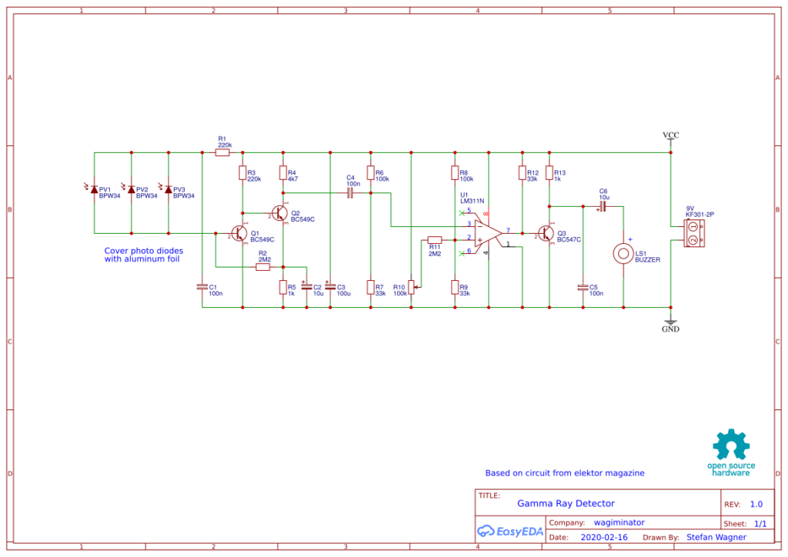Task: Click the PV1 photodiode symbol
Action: point(94,189)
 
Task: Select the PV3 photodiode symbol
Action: point(169,189)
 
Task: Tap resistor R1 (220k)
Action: point(222,153)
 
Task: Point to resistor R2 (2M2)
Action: point(263,267)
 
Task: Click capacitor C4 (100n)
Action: point(350,193)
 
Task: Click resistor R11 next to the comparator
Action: point(435,239)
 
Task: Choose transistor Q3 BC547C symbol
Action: point(546,233)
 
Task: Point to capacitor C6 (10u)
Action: point(603,206)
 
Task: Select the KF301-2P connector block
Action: point(693,233)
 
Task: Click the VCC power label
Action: point(671,136)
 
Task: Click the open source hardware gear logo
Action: point(730,446)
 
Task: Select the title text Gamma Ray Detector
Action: point(566,503)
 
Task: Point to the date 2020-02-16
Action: point(604,537)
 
